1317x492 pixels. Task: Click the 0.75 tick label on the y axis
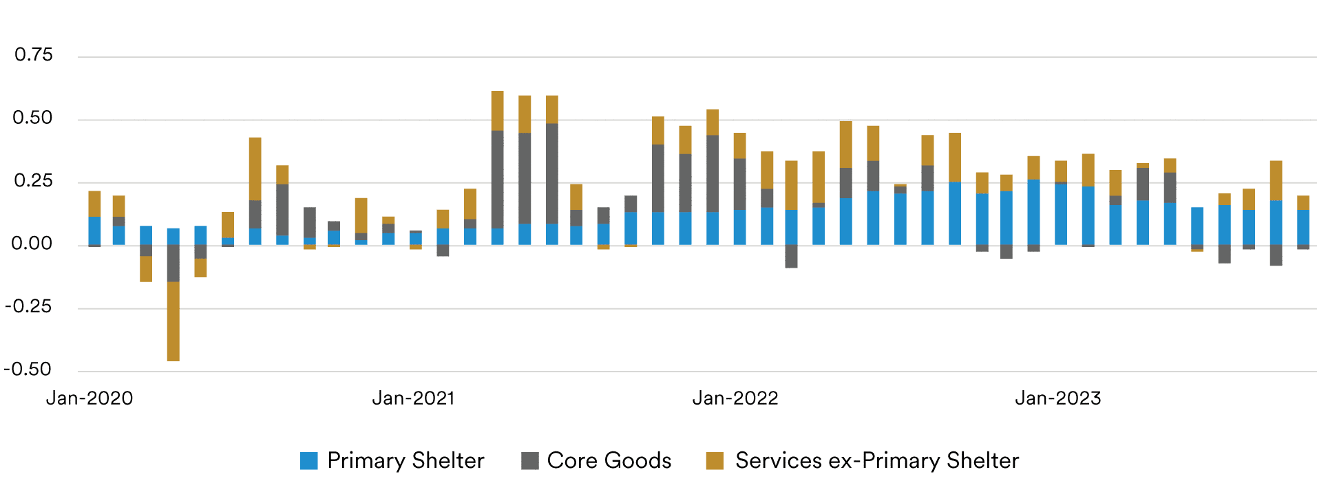click(x=33, y=55)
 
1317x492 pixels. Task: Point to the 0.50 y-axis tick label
click(x=32, y=118)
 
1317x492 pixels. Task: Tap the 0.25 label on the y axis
click(x=33, y=181)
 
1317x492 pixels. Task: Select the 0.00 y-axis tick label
click(x=32, y=244)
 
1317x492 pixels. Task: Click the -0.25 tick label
click(x=29, y=307)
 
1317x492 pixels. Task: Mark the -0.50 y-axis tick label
click(x=28, y=370)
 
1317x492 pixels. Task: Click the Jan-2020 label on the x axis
click(x=89, y=398)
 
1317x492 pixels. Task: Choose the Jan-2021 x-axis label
click(x=413, y=398)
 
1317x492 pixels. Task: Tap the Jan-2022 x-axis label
click(x=735, y=398)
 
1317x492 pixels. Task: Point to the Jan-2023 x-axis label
click(x=1057, y=398)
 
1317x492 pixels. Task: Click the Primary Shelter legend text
click(x=405, y=460)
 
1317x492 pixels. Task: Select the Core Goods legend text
click(x=609, y=460)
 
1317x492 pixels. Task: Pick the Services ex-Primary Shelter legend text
click(x=876, y=460)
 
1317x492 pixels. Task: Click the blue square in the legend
click(x=309, y=461)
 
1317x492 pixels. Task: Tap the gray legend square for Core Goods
click(x=530, y=461)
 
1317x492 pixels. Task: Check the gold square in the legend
click(x=715, y=461)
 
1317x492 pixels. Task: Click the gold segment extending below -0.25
click(x=173, y=321)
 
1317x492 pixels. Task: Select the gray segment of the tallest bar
click(x=497, y=179)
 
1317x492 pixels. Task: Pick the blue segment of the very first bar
click(x=94, y=231)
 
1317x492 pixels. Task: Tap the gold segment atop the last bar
click(x=1303, y=203)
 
